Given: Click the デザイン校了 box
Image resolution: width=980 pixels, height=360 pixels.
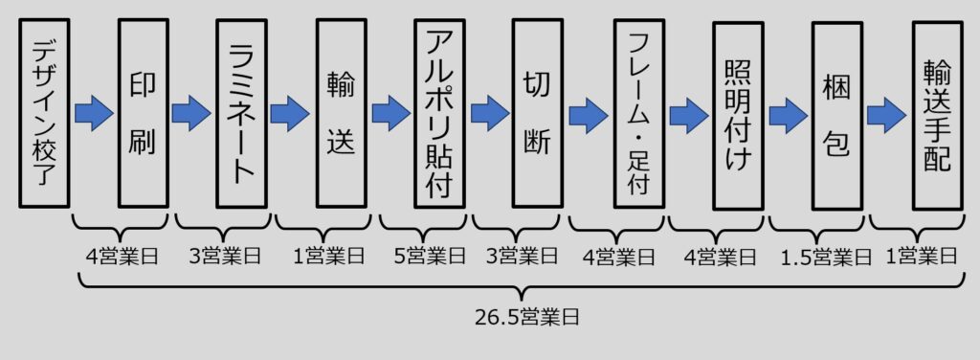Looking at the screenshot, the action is [x=44, y=113].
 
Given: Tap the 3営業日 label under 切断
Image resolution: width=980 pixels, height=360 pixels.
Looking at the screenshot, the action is [x=522, y=258].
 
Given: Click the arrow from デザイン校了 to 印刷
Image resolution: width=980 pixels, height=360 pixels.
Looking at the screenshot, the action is [x=93, y=114].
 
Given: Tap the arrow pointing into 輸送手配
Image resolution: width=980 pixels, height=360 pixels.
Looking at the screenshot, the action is [x=887, y=114].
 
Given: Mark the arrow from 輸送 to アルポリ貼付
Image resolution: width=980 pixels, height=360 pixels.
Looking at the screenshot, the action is [x=390, y=114].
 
